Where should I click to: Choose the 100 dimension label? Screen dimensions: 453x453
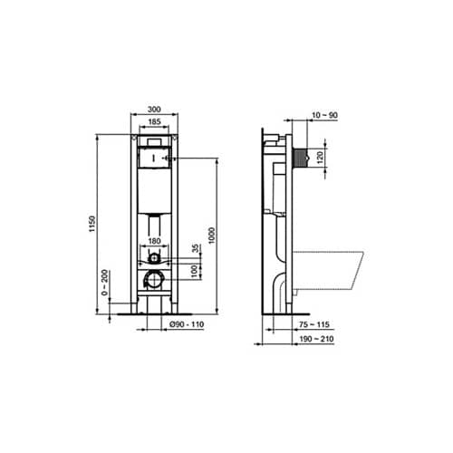click(x=193, y=271)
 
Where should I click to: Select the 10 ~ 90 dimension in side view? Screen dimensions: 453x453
click(x=312, y=115)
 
